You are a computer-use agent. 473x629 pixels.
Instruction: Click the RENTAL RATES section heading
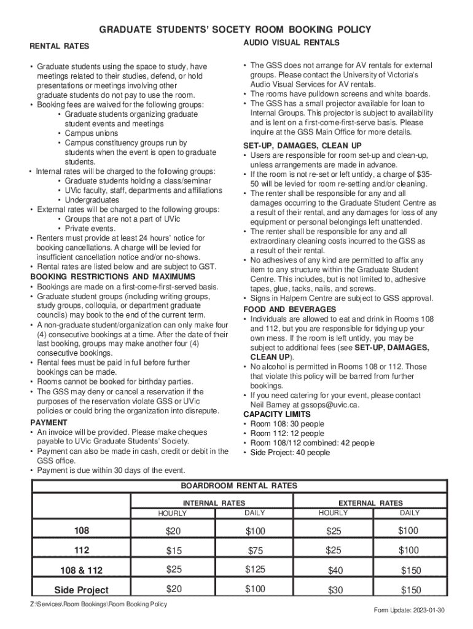point(60,46)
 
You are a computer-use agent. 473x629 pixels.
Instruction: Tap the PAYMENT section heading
point(49,423)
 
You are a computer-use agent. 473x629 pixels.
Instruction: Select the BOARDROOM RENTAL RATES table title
point(238,485)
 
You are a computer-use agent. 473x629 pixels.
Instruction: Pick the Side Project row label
point(81,590)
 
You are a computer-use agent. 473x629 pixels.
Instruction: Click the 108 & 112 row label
point(81,571)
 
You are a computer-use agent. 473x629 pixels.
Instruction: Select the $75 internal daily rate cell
point(255,551)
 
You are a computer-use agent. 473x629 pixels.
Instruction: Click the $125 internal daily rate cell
point(255,569)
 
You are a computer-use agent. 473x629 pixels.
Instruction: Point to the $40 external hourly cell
point(335,571)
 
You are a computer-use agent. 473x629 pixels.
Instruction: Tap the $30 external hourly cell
point(335,590)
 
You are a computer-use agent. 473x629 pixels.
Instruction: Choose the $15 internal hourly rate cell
point(174,551)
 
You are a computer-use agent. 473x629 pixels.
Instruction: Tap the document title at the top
point(236,29)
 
